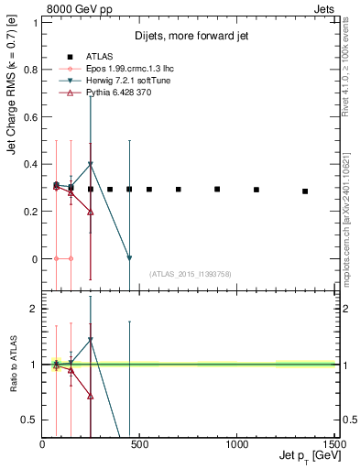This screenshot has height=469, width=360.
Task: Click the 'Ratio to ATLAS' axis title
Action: pos(13,364)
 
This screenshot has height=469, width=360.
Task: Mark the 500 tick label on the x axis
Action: pos(139,445)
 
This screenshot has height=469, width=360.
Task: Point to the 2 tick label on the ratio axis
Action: pos(35,309)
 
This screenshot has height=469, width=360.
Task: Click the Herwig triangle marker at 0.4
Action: pos(91,165)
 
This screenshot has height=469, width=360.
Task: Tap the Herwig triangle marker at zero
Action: pos(129,258)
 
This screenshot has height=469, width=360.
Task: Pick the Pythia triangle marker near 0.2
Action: pos(91,212)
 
